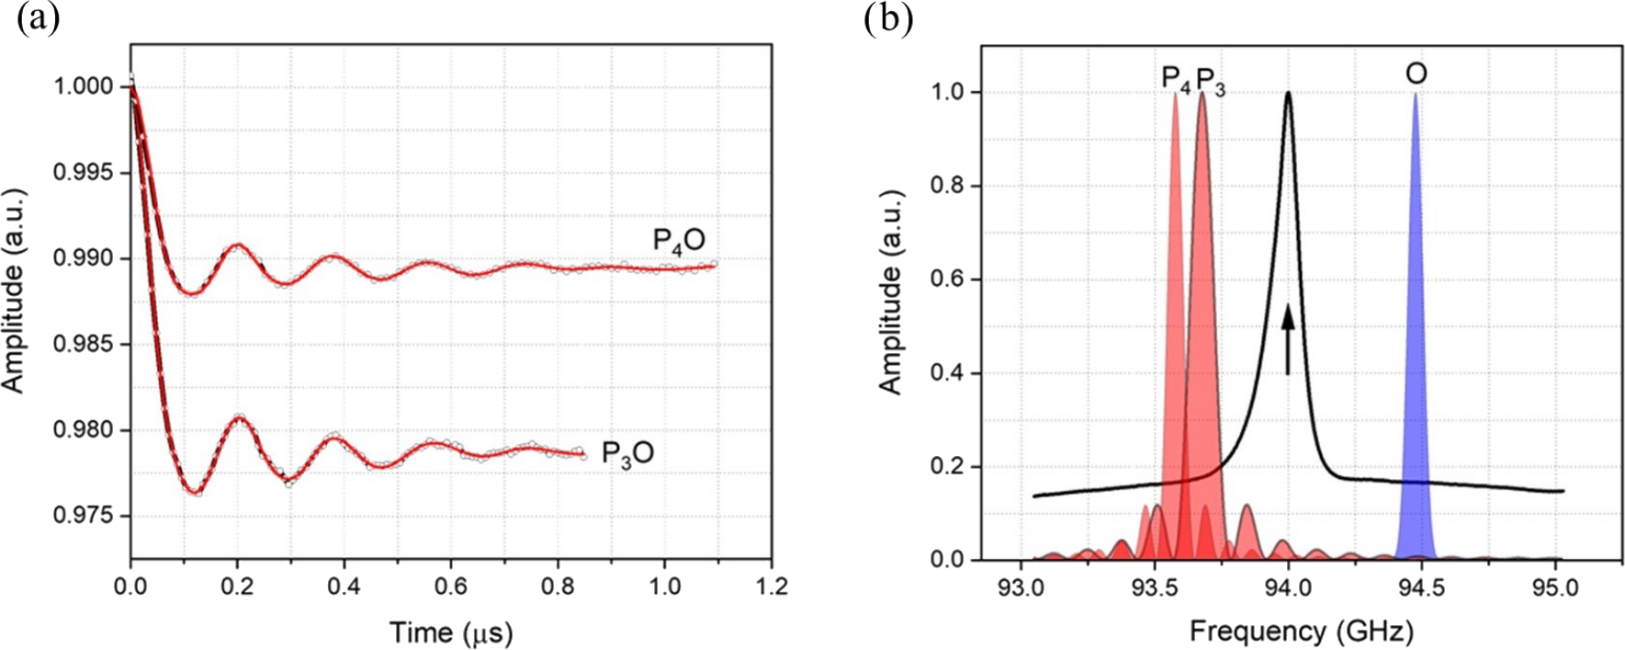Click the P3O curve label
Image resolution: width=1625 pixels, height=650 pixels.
click(x=627, y=454)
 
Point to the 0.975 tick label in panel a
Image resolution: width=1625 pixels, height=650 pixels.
click(x=85, y=517)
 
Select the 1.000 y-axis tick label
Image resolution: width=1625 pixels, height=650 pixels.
click(x=85, y=87)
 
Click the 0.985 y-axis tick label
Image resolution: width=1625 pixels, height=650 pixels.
click(x=85, y=345)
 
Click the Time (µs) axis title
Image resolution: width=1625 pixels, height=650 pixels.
click(x=450, y=633)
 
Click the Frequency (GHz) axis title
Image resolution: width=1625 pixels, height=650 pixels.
click(x=1301, y=632)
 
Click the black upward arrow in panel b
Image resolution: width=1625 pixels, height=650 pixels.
click(x=1288, y=340)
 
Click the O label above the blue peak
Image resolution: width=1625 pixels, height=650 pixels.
click(x=1416, y=74)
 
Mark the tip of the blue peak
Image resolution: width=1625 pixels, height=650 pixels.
click(x=1416, y=94)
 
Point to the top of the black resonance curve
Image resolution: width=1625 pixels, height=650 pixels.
click(x=1289, y=93)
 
